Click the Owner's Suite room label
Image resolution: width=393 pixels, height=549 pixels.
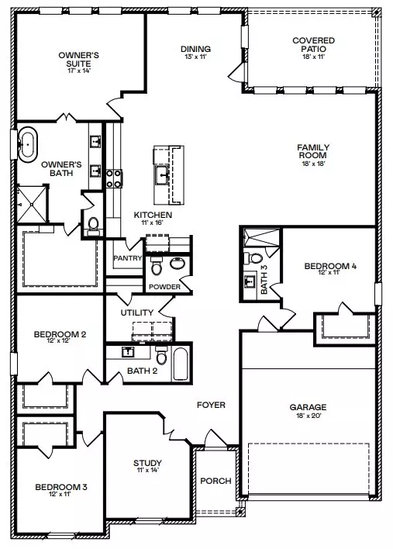point(77,60)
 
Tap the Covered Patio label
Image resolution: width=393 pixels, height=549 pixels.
point(312,45)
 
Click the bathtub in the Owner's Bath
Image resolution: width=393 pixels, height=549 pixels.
point(28,145)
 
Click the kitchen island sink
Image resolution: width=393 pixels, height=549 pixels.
point(163,174)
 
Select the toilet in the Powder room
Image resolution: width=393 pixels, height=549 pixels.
point(156,268)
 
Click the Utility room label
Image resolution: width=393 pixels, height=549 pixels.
point(136,312)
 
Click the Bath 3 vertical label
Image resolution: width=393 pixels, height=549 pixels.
point(264,280)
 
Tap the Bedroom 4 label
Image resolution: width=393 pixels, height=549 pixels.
point(330,267)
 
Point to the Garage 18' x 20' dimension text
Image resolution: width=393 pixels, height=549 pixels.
point(309,416)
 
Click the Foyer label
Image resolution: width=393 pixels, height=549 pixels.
point(211,405)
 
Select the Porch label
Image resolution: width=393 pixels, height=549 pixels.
point(215,481)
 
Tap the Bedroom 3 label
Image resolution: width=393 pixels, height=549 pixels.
point(61,487)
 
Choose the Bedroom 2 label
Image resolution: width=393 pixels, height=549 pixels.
point(60,334)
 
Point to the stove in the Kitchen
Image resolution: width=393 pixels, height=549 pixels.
point(111,178)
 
